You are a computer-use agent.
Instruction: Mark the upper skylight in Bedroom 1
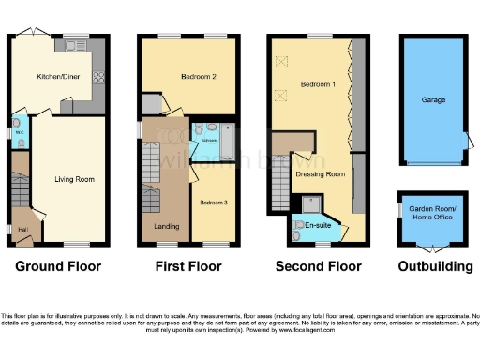tap(280, 60)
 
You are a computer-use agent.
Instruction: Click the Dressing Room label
tap(320, 174)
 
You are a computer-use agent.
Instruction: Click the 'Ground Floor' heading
tap(58, 267)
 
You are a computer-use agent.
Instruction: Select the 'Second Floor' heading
tap(319, 267)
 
